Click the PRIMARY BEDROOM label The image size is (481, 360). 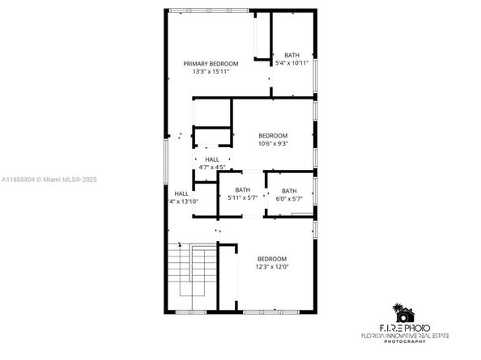click(x=211, y=63)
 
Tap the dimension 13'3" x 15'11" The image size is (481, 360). click(x=211, y=72)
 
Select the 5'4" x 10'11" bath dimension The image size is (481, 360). click(x=291, y=63)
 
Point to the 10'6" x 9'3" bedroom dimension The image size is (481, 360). click(x=273, y=144)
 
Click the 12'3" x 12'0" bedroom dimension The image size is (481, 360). click(x=272, y=267)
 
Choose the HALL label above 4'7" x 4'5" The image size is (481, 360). click(x=211, y=159)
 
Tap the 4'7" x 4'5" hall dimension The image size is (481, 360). click(x=211, y=167)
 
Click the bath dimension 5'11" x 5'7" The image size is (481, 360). click(x=242, y=198)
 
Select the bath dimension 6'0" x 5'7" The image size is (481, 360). click(x=289, y=198)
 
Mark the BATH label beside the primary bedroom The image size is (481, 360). click(x=291, y=55)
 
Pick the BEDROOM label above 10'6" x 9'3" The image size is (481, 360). click(x=273, y=135)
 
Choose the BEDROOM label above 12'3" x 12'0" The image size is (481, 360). click(x=272, y=259)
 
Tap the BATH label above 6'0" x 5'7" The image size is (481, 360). click(x=289, y=191)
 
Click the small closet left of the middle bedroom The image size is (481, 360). click(x=212, y=138)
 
